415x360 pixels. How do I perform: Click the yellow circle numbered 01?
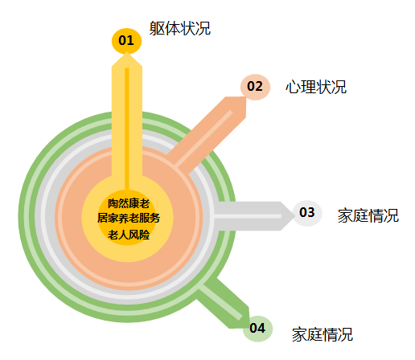click(126, 41)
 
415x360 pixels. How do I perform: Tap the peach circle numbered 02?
click(255, 87)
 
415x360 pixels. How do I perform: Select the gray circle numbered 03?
click(307, 213)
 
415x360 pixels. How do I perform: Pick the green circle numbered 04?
click(257, 329)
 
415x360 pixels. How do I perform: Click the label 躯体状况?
click(180, 28)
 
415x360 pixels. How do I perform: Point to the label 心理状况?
click(316, 87)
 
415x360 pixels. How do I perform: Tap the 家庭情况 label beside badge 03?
click(368, 215)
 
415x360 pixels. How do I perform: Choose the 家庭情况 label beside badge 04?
click(323, 334)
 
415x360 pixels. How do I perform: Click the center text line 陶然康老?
click(129, 203)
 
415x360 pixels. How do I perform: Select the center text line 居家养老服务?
click(129, 218)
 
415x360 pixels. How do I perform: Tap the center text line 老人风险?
click(129, 235)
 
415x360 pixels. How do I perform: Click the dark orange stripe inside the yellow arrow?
click(127, 129)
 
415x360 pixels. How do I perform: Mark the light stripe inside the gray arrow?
click(248, 216)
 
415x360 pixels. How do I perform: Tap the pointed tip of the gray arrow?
click(295, 216)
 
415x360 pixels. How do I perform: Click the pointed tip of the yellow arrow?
click(127, 52)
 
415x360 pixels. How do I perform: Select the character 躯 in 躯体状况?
click(157, 28)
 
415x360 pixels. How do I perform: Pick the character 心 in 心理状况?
click(293, 87)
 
